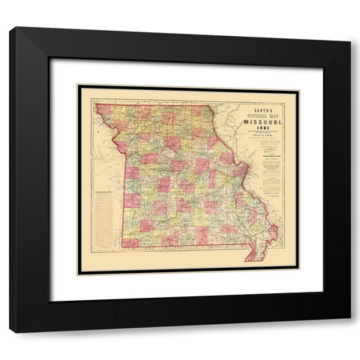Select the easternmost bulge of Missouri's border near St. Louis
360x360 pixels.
(248, 180)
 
